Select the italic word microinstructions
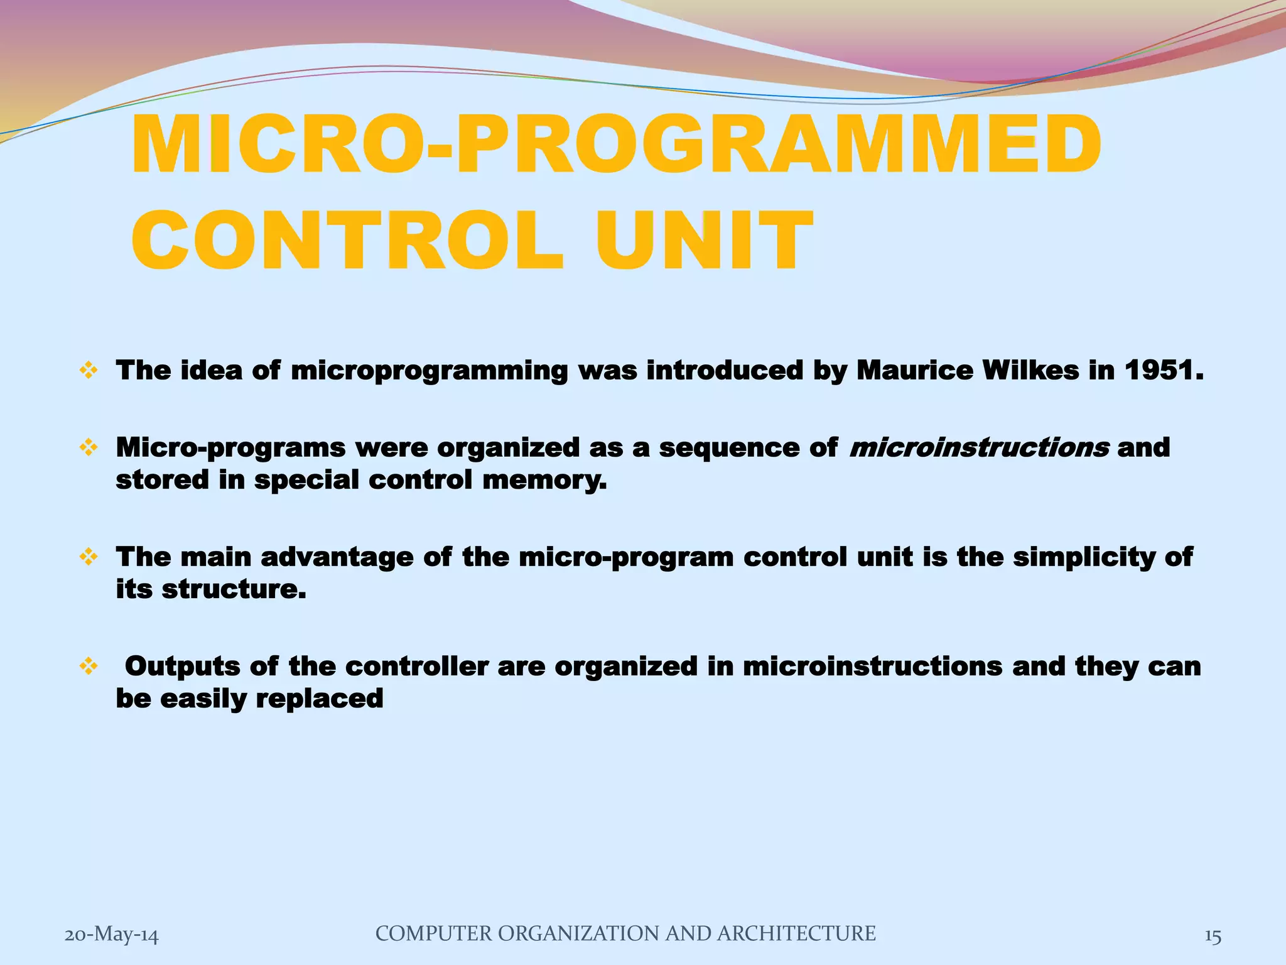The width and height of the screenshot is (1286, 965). click(x=978, y=448)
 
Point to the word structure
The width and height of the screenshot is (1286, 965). click(x=234, y=589)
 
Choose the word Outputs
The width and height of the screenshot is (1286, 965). click(x=182, y=667)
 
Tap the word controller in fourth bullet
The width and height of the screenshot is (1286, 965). click(x=416, y=667)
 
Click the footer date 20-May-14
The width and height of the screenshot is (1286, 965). click(x=112, y=935)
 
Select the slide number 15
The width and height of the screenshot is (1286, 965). click(x=1213, y=936)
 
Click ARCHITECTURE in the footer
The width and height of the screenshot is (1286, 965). click(x=796, y=934)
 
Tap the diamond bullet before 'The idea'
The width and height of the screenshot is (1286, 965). click(x=89, y=371)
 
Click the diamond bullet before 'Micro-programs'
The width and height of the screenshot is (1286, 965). click(x=89, y=448)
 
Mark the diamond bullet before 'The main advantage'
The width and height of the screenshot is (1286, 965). click(x=89, y=557)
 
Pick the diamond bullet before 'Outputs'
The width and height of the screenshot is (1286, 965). click(x=89, y=667)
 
